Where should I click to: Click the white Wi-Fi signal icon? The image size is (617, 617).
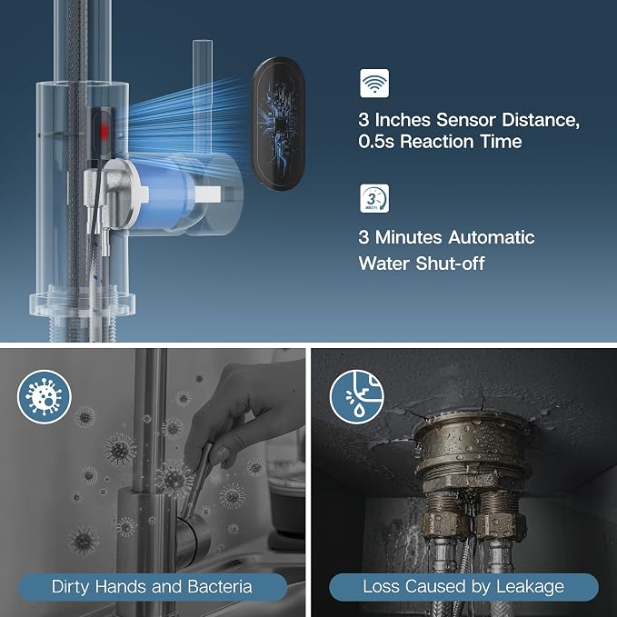pyautogui.click(x=374, y=83)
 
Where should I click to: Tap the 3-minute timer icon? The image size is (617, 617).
pyautogui.click(x=374, y=198)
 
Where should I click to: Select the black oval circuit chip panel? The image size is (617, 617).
pyautogui.click(x=278, y=124)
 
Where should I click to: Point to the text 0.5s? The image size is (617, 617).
pyautogui.click(x=376, y=141)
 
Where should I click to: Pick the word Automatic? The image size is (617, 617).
pyautogui.click(x=492, y=237)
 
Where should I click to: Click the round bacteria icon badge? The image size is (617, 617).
pyautogui.click(x=45, y=396)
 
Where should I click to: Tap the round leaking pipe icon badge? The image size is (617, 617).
pyautogui.click(x=357, y=396)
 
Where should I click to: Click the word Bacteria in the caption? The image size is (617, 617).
pyautogui.click(x=220, y=586)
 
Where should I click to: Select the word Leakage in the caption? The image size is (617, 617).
pyautogui.click(x=530, y=586)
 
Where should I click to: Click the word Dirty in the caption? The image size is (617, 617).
pyautogui.click(x=71, y=586)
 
